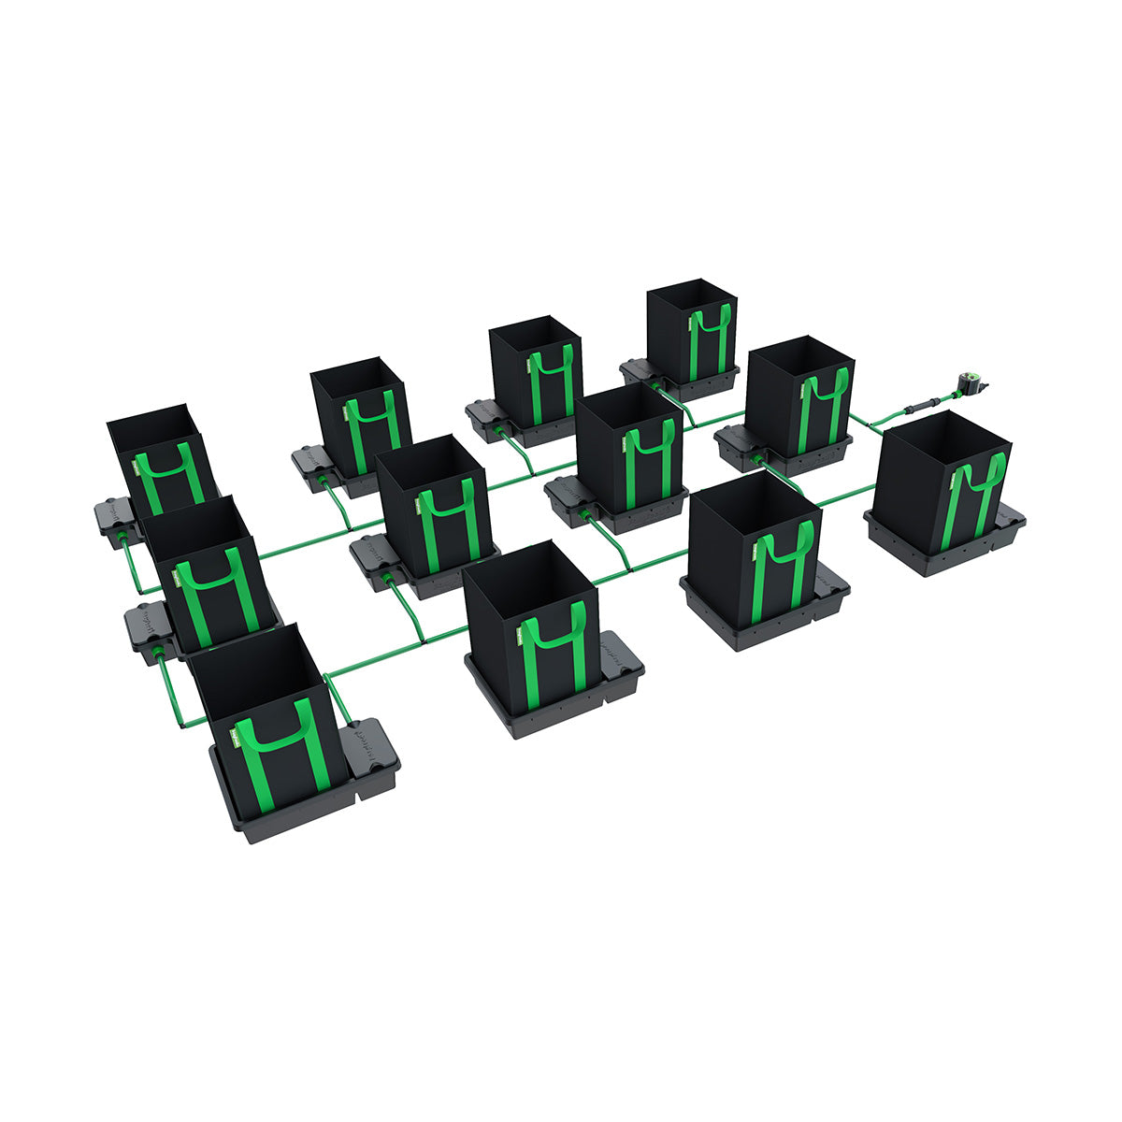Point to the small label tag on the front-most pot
[237, 740]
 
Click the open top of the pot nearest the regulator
[944, 439]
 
